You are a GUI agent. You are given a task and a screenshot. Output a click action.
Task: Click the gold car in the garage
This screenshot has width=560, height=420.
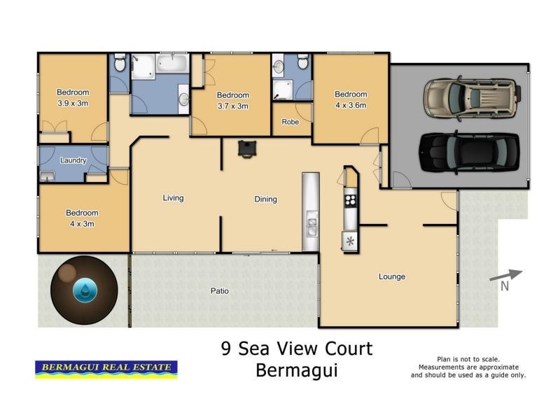click(472, 95)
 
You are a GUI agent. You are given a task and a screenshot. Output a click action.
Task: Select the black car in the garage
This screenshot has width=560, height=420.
click(468, 153)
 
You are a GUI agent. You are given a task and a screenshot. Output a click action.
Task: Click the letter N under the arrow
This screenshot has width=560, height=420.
click(503, 286)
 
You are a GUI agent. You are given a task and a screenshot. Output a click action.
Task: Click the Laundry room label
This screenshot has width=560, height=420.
click(73, 160)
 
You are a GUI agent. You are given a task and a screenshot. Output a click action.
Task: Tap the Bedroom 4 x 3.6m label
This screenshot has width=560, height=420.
click(351, 99)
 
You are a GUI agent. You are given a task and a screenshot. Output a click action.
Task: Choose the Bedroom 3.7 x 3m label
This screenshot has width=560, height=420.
click(232, 101)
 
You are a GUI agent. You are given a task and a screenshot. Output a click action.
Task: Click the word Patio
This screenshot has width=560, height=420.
click(220, 290)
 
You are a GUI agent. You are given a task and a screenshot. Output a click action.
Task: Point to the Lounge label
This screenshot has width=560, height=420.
click(392, 276)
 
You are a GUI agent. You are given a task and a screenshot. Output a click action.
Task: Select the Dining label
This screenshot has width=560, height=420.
click(265, 199)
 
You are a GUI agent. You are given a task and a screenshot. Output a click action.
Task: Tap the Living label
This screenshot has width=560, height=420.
click(173, 198)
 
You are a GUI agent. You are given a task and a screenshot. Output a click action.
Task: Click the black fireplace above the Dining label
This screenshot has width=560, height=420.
click(246, 148)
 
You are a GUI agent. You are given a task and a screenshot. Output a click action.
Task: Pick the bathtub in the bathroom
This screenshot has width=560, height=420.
click(171, 65)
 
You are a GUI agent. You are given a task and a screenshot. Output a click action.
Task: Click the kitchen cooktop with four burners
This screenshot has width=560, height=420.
click(350, 199)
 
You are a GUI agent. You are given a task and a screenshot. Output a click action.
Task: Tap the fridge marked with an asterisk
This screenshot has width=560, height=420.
click(349, 241)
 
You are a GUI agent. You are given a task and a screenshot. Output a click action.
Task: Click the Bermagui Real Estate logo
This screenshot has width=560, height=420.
click(106, 368)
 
